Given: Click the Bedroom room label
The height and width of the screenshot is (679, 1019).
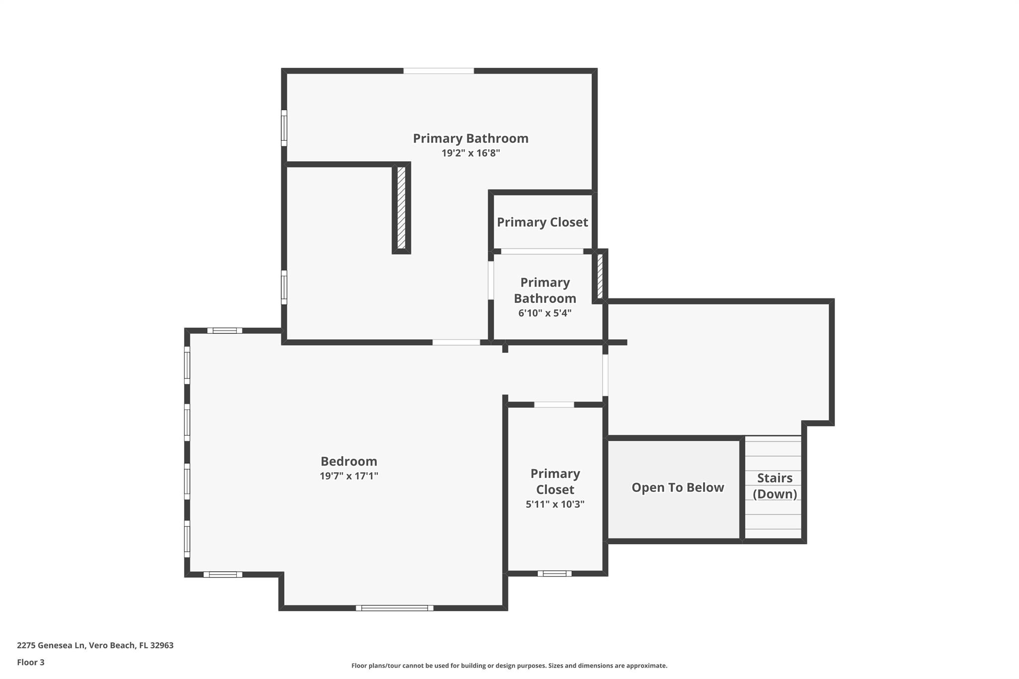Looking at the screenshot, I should pyautogui.click(x=349, y=461).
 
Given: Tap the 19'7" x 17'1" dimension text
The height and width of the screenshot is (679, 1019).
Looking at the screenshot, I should pyautogui.click(x=349, y=476).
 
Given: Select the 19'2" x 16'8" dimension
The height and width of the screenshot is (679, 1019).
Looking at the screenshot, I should pyautogui.click(x=471, y=153).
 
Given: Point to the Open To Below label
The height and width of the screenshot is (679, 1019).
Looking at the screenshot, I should pyautogui.click(x=678, y=487).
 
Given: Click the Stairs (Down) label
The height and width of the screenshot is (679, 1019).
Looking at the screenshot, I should pyautogui.click(x=775, y=486).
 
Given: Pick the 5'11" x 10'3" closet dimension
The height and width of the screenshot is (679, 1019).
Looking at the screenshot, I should pyautogui.click(x=555, y=504).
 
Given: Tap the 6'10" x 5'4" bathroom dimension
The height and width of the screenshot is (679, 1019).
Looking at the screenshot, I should pyautogui.click(x=545, y=313).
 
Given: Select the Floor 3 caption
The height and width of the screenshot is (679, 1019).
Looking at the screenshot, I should pyautogui.click(x=31, y=662).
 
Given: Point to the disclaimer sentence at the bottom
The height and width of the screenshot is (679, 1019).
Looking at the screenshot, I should pyautogui.click(x=509, y=666).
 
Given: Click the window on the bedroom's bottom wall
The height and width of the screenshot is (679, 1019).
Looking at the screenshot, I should pyautogui.click(x=395, y=608).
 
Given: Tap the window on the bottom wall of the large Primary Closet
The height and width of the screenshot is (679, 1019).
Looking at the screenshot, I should pyautogui.click(x=554, y=574).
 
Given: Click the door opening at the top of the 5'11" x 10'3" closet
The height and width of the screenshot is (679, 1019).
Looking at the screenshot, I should pyautogui.click(x=554, y=405).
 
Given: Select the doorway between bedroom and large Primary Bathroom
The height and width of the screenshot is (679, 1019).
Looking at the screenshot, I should pyautogui.click(x=456, y=342).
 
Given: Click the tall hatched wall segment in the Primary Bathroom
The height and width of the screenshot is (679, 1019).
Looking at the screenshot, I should pyautogui.click(x=402, y=208).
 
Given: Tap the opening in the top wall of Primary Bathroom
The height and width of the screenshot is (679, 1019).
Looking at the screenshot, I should pyautogui.click(x=438, y=71).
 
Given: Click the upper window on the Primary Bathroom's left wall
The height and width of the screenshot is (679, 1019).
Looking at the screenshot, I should pyautogui.click(x=284, y=128).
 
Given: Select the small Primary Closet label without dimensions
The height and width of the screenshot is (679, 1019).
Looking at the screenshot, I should pyautogui.click(x=542, y=222).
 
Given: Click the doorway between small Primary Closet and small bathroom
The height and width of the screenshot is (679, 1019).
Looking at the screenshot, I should pyautogui.click(x=542, y=251).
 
